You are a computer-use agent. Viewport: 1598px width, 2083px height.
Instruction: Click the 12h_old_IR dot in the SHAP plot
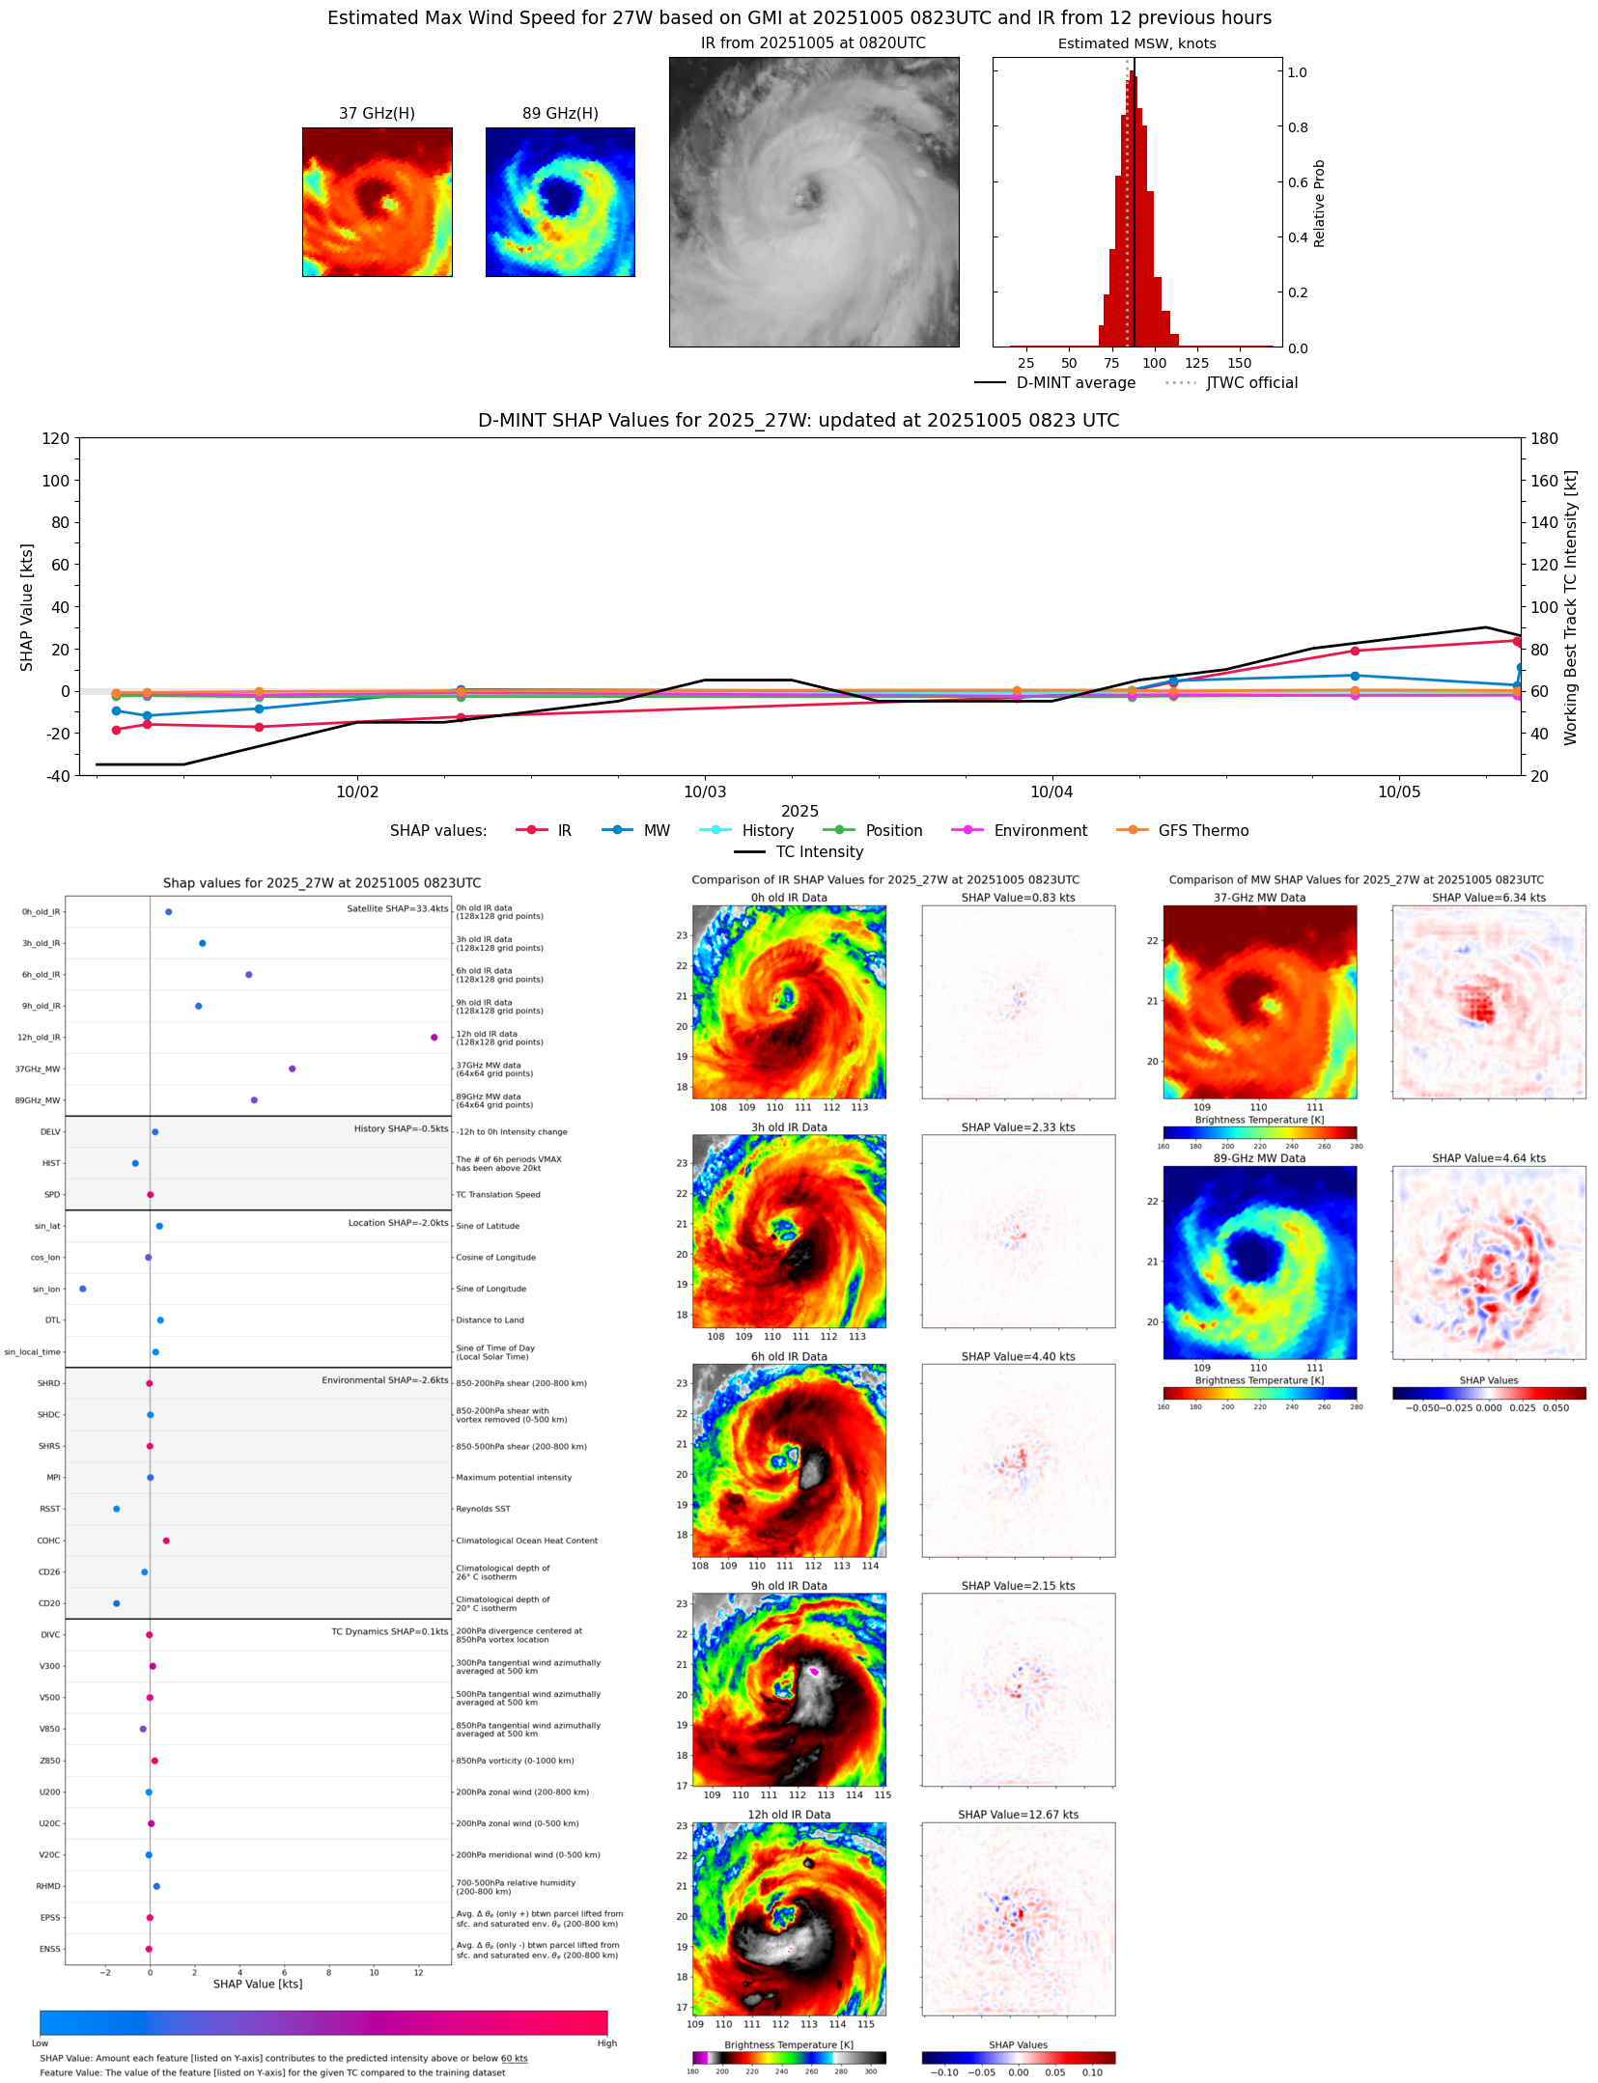click(x=434, y=1038)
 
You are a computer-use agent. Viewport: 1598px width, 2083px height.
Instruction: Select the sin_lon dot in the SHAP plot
click(x=83, y=1289)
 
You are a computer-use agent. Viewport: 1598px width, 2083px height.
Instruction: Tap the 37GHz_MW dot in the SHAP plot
click(x=292, y=1069)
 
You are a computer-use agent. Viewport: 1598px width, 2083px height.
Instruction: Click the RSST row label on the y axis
click(x=49, y=1509)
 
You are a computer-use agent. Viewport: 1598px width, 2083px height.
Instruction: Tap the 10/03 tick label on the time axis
click(x=704, y=792)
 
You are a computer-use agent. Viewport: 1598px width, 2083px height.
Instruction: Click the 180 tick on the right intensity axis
click(x=1544, y=438)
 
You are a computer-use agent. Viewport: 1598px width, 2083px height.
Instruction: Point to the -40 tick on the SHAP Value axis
click(x=56, y=776)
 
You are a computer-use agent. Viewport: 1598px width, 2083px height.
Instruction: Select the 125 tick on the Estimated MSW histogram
click(x=1196, y=363)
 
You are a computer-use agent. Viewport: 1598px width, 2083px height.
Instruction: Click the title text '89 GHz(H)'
click(x=560, y=114)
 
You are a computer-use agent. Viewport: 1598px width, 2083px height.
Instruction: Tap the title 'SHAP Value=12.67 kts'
click(x=1018, y=1815)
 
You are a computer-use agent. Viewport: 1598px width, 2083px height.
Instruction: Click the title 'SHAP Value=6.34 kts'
click(x=1488, y=898)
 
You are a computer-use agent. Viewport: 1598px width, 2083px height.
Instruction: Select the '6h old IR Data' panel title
click(x=789, y=1357)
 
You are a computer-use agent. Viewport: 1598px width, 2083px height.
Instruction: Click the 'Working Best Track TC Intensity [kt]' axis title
click(x=1571, y=608)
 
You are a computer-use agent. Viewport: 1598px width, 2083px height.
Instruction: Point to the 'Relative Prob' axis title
click(x=1319, y=204)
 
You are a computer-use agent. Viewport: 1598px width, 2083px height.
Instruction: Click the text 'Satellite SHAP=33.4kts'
click(x=397, y=909)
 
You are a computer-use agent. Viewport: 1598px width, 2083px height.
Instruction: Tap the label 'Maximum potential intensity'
click(x=514, y=1478)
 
